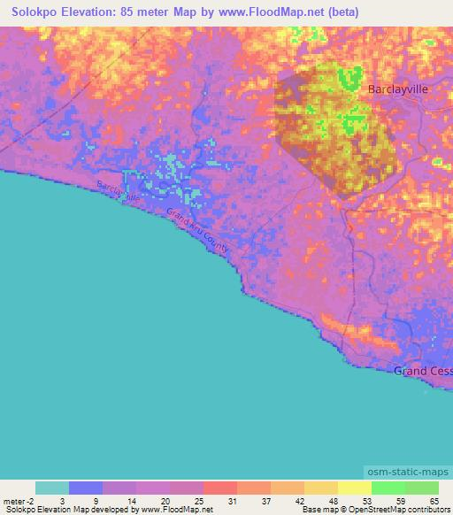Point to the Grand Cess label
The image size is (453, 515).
[423, 371]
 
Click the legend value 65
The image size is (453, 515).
[433, 500]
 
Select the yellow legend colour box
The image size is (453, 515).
[354, 488]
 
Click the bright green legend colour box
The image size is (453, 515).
[388, 488]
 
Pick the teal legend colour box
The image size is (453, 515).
[51, 488]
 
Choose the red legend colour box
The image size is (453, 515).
[219, 488]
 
